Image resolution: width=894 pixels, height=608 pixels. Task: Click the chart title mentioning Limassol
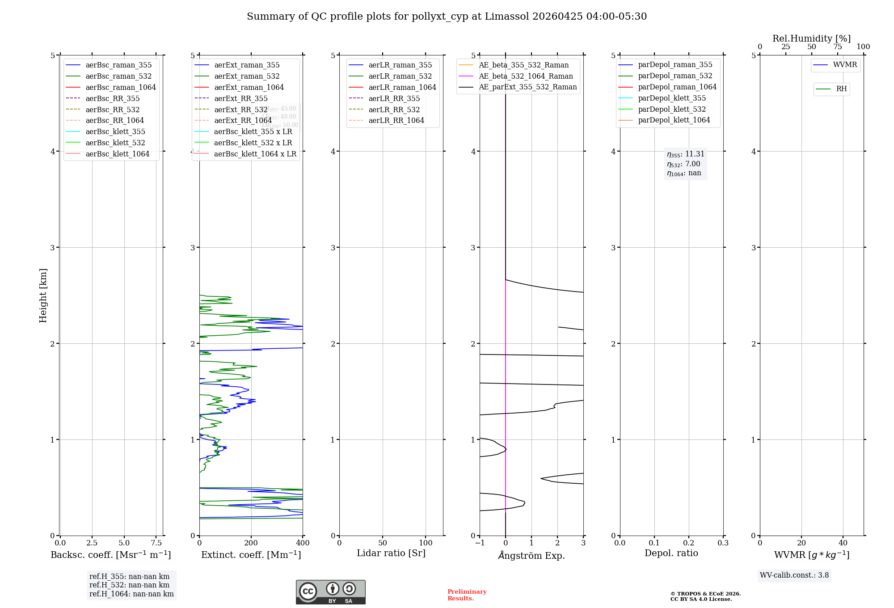coord(447,17)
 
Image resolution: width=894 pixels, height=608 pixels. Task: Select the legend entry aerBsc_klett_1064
coord(117,154)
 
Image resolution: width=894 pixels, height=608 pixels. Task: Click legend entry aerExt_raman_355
coord(247,65)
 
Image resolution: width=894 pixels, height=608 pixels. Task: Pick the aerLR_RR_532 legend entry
coord(394,110)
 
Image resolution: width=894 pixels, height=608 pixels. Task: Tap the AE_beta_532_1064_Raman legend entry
coord(526,76)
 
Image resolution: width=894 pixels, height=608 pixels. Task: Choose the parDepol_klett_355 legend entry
coord(672,98)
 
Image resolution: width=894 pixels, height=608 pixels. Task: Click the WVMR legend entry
coord(845,65)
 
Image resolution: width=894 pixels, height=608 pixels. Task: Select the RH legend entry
coord(841,89)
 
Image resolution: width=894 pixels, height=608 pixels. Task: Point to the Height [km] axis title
coord(43,296)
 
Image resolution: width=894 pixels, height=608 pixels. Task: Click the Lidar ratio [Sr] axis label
coord(391,553)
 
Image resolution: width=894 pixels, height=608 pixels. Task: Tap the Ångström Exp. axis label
coord(531,555)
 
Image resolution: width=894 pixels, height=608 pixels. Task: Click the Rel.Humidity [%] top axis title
coord(811,38)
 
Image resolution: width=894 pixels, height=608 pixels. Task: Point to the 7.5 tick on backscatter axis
coord(156,543)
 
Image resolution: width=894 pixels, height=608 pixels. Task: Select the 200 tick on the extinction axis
coord(251,543)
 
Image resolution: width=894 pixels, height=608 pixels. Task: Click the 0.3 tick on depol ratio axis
coord(723,543)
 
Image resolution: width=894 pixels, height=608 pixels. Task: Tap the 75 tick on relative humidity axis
coord(837,47)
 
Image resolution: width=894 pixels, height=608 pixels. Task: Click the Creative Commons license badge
coord(330,592)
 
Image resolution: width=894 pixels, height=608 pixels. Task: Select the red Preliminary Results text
coord(467,595)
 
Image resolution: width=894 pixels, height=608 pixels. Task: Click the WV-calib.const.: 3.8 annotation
coord(794,575)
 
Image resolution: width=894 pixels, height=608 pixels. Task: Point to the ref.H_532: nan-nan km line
coord(129,585)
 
